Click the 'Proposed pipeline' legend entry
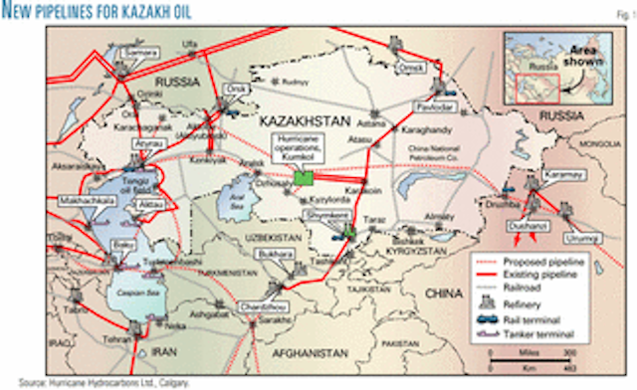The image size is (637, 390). [534, 261]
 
